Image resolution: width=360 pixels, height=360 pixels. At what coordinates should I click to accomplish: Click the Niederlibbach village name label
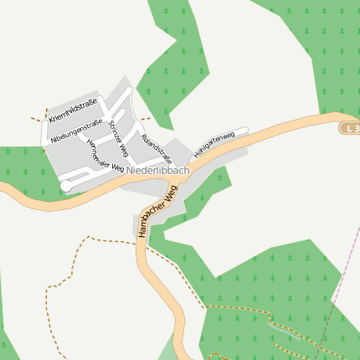[x=159, y=170]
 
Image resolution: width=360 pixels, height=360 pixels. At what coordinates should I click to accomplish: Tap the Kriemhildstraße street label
[x=74, y=109]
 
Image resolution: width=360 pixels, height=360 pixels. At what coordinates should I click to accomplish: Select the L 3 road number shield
[x=350, y=128]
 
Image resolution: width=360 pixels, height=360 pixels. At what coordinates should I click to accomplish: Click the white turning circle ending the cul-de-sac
[x=65, y=187]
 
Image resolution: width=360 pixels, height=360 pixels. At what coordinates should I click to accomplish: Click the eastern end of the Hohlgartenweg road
[x=246, y=130]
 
